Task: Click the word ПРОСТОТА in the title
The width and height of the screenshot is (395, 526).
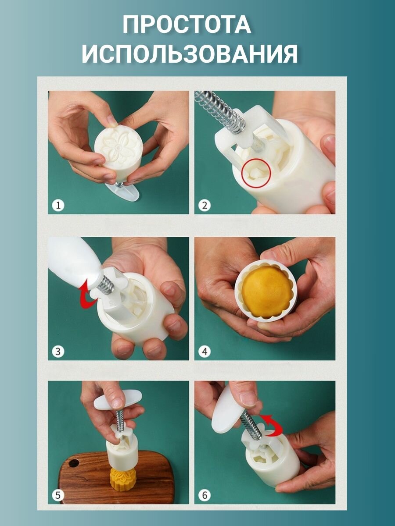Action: [187, 25]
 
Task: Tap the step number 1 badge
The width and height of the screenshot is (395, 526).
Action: [58, 206]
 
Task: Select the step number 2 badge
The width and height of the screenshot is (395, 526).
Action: [205, 206]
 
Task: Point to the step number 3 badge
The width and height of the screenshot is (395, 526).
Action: [58, 352]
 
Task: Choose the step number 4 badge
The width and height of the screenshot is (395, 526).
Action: [205, 352]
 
